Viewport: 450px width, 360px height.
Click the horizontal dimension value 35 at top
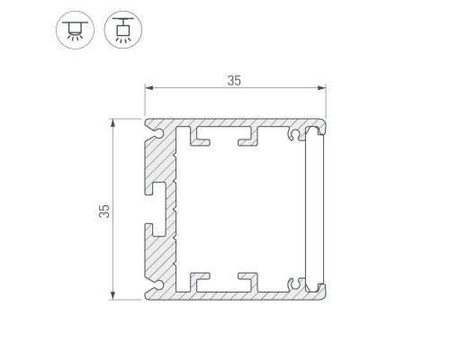[x=234, y=81]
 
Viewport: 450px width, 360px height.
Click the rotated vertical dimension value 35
[x=104, y=211]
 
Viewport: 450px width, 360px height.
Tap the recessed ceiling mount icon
[x=75, y=30]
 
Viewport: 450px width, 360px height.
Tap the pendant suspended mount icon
[x=123, y=30]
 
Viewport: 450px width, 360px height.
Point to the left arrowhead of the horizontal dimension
[x=149, y=88]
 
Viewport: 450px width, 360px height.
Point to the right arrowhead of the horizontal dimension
[x=322, y=88]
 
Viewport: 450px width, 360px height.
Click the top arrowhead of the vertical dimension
[x=112, y=123]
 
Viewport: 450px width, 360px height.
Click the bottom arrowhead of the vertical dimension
[x=112, y=295]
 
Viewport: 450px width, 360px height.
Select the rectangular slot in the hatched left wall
[x=158, y=209]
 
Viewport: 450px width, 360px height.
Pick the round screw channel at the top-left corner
[x=158, y=134]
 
